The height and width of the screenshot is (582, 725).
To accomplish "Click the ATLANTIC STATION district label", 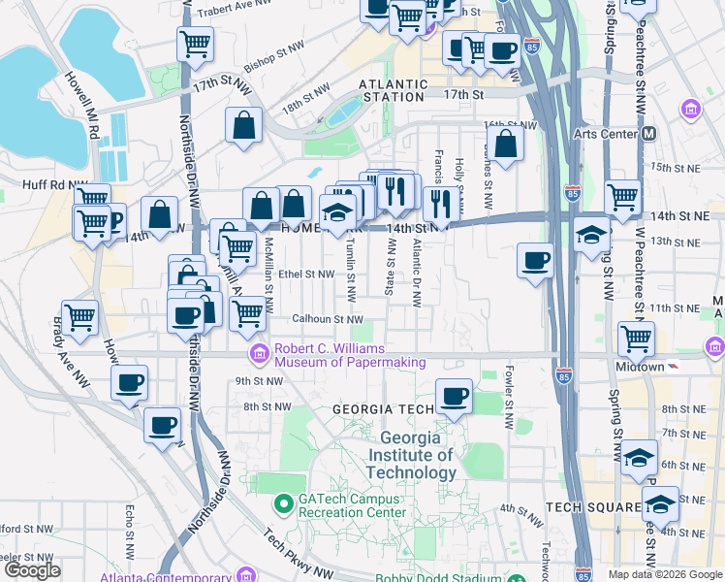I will (392, 91).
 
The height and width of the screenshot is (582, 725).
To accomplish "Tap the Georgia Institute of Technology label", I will (412, 456).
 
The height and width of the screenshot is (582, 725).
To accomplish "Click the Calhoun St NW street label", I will (328, 319).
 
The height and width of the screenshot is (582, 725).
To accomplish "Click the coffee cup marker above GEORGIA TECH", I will (454, 397).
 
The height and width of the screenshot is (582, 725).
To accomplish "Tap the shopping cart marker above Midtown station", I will (636, 339).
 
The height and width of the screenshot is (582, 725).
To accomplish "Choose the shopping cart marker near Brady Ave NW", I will (79, 317).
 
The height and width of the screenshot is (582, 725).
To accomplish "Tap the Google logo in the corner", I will (33, 570).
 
